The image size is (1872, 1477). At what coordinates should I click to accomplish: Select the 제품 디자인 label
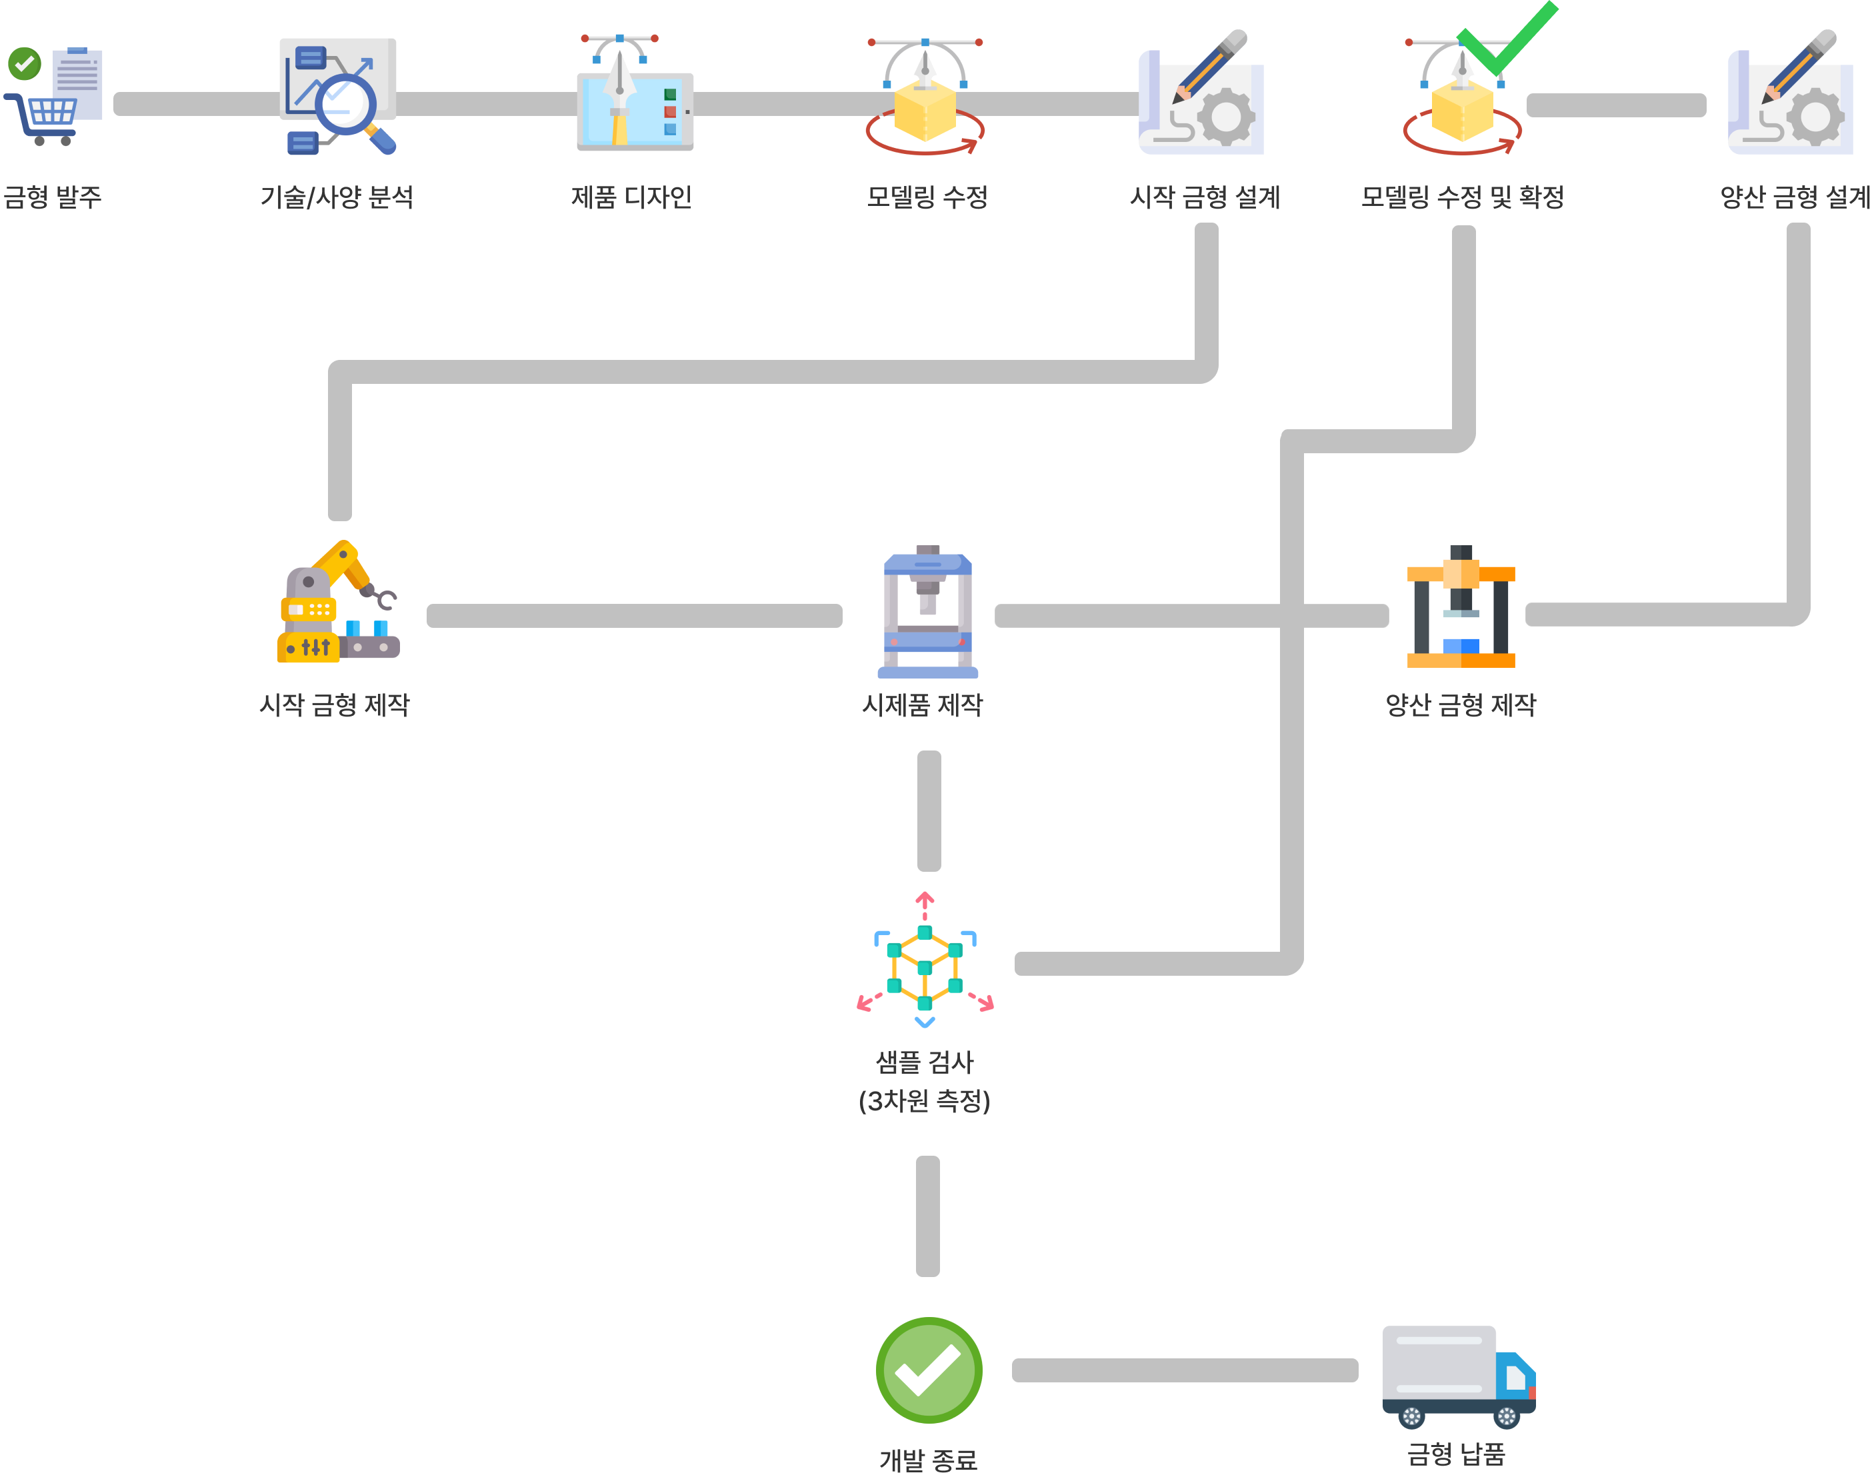pyautogui.click(x=631, y=197)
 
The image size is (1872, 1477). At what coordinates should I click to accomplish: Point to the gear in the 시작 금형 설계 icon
pyautogui.click(x=1225, y=116)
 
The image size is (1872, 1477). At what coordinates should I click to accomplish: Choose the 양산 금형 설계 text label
pyautogui.click(x=1795, y=197)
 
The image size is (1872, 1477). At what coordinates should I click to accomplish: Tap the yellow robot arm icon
pyautogui.click(x=338, y=602)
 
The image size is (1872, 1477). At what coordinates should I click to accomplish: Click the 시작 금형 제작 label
pyautogui.click(x=335, y=705)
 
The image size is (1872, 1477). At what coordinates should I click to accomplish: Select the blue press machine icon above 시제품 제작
pyautogui.click(x=927, y=611)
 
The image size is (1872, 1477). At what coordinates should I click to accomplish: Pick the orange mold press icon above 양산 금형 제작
pyautogui.click(x=1461, y=606)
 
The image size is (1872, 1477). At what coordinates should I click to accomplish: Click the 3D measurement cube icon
pyautogui.click(x=925, y=960)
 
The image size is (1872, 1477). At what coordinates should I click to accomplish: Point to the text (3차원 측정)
pyautogui.click(x=924, y=1101)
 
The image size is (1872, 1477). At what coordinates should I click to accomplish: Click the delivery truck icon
pyautogui.click(x=1459, y=1376)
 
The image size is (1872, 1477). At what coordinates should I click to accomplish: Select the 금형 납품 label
pyautogui.click(x=1457, y=1453)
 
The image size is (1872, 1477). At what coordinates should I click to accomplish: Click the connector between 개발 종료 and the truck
pyautogui.click(x=1185, y=1370)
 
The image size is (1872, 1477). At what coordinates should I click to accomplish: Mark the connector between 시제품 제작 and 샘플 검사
pyautogui.click(x=929, y=811)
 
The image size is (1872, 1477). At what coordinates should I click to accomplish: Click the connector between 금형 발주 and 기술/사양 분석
pyautogui.click(x=197, y=104)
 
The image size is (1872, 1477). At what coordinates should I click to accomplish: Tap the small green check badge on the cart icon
pyautogui.click(x=24, y=63)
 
